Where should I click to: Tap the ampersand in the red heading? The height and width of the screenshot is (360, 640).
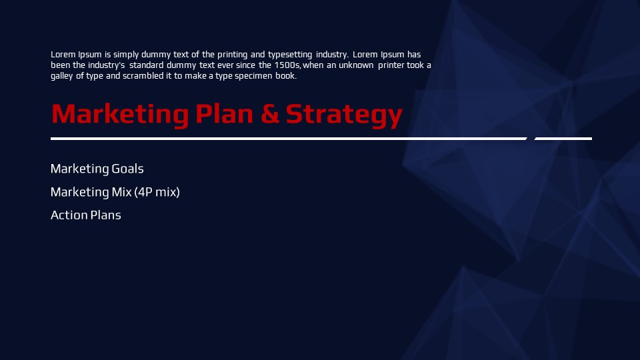[x=270, y=114]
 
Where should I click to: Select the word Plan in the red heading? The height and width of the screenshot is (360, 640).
[x=224, y=113]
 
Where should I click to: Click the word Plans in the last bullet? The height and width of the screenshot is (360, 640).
[x=106, y=215]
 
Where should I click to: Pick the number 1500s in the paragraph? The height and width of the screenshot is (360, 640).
[x=287, y=65]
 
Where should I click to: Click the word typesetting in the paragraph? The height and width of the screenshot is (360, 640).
[x=290, y=55]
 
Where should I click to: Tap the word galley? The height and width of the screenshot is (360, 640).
[x=62, y=76]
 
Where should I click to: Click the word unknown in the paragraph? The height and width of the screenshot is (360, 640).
[x=356, y=65]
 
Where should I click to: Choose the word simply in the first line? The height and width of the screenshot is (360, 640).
[x=126, y=55]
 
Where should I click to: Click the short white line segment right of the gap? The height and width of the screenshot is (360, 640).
[x=563, y=139]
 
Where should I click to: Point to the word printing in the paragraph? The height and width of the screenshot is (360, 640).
[x=232, y=55]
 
